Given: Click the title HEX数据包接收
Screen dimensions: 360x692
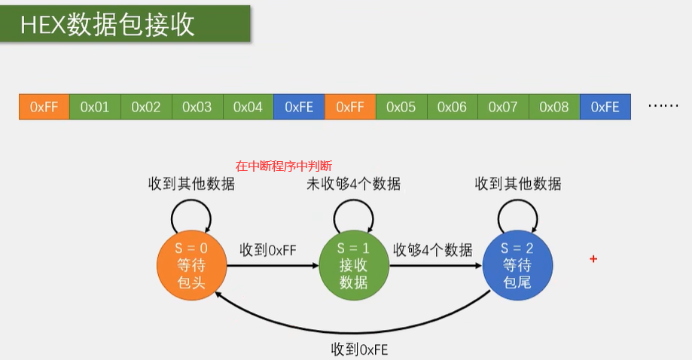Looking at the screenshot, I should pos(108,25).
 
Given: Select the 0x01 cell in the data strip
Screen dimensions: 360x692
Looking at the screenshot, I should pos(95,107).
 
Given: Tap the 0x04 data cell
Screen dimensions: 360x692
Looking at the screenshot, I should pos(248,107).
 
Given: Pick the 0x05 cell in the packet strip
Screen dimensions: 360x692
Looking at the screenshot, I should pos(401,107).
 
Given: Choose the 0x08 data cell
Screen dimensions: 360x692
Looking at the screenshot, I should pos(554,107).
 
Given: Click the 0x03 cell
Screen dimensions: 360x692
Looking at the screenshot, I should pos(197,107).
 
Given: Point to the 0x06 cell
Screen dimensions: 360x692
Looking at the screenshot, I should pos(452,107).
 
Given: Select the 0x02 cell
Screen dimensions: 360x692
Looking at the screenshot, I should pos(146,107).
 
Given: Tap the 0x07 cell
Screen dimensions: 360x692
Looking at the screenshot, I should pos(503,107).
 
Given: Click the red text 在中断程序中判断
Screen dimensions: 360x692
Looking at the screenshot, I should pos(284,166).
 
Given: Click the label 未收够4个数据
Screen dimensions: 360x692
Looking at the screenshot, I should pos(353,184).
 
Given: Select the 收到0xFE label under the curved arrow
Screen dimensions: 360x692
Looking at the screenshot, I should pos(360,349).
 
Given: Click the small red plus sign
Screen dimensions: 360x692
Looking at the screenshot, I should pos(593,259).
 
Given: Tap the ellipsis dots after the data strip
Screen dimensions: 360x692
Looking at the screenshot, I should pos(663,107).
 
